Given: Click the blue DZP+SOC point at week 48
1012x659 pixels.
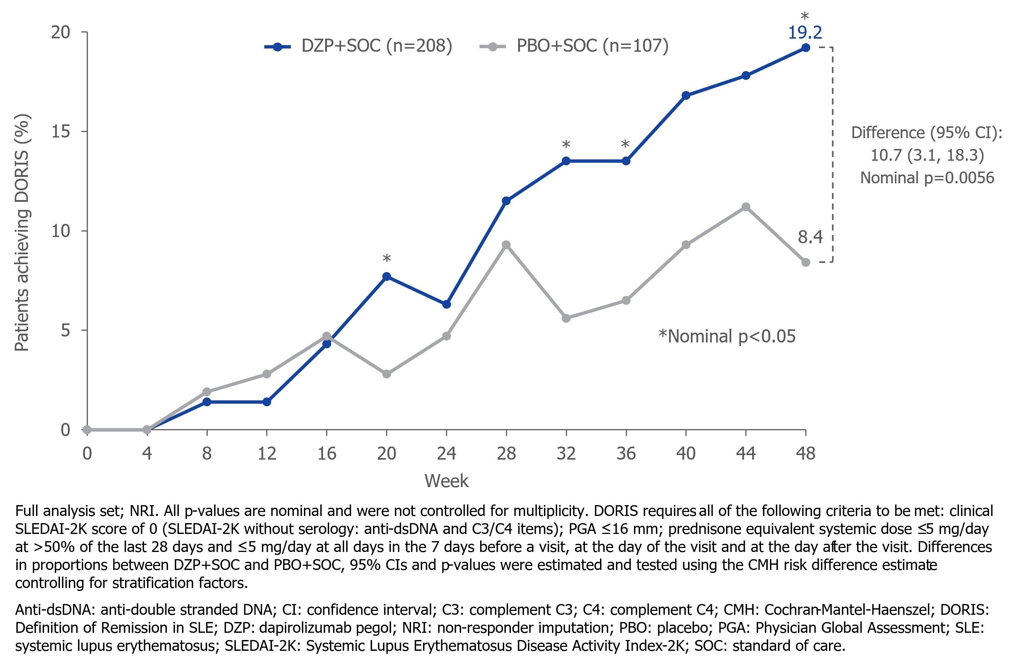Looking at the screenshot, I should [x=805, y=47].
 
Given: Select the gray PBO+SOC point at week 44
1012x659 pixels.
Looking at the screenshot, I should [x=745, y=207].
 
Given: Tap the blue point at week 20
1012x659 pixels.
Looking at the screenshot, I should [x=386, y=277].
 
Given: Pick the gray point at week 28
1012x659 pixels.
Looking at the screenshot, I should [x=506, y=245].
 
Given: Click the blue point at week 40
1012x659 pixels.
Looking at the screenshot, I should [x=686, y=95].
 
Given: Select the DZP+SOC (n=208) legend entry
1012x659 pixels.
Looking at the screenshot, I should [x=358, y=46].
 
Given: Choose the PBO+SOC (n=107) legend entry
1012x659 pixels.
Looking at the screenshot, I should [x=574, y=46].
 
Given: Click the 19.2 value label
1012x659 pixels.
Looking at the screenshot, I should [x=805, y=33].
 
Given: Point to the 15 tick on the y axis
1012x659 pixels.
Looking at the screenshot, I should [x=60, y=131].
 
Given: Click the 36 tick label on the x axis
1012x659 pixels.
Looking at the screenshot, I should [x=626, y=454].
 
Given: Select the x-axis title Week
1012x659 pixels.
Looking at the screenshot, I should [x=446, y=481].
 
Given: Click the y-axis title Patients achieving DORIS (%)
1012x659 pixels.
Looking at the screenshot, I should [x=22, y=232].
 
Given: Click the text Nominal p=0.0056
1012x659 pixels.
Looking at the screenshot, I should [x=927, y=178].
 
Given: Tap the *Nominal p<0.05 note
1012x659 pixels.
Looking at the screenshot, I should [x=727, y=336].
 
